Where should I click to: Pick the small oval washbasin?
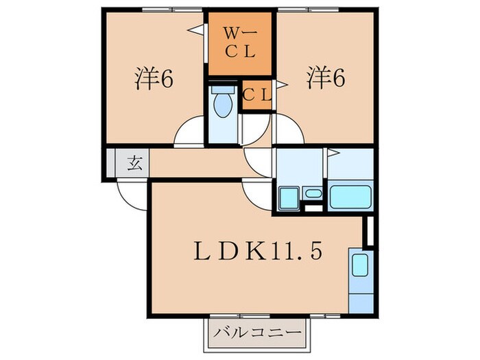tap(313, 193)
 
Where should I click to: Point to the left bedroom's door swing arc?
tap(189, 132)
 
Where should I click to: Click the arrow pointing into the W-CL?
tap(194, 29)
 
